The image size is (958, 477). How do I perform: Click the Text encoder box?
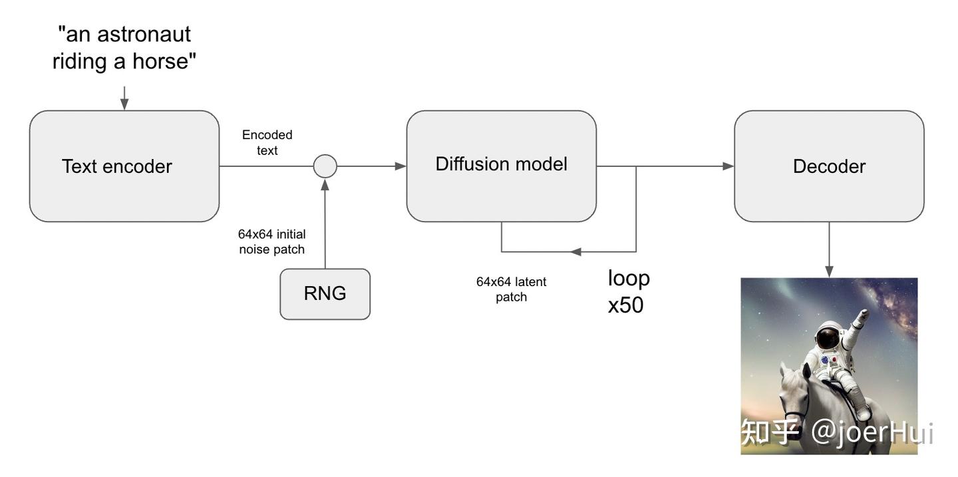click(124, 166)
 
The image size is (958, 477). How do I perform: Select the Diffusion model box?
click(501, 166)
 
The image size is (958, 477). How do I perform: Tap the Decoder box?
click(829, 166)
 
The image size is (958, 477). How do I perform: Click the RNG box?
click(325, 294)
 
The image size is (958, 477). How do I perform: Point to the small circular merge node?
click(325, 166)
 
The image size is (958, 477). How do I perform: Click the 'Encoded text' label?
click(267, 142)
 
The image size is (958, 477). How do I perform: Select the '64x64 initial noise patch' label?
click(271, 242)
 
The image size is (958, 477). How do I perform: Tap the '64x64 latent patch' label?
click(511, 289)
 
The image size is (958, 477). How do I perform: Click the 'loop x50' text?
click(628, 291)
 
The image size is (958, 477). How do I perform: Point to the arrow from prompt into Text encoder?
click(124, 98)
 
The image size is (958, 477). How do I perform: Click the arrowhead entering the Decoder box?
click(728, 166)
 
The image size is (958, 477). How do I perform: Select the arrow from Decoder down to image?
click(829, 249)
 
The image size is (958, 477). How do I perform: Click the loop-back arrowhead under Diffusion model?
click(576, 251)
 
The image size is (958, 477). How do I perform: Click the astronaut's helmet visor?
click(828, 339)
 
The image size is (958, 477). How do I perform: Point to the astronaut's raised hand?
click(863, 313)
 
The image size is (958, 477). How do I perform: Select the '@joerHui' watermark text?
click(872, 433)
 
